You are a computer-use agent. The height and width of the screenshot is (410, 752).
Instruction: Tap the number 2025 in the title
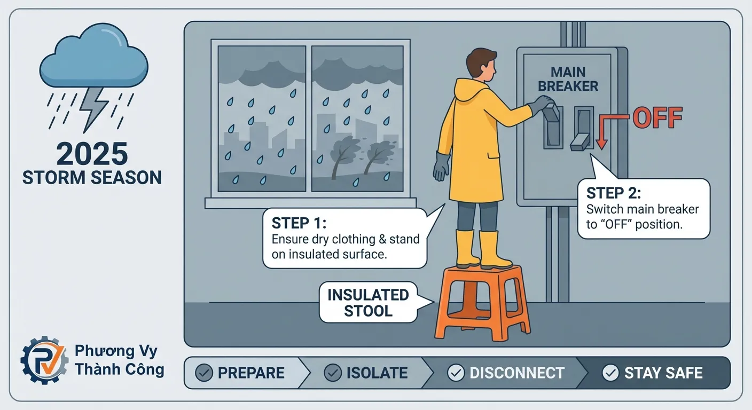(92, 154)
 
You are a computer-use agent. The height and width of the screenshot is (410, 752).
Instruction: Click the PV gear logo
(44, 360)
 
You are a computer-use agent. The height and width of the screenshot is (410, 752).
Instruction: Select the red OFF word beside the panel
(657, 118)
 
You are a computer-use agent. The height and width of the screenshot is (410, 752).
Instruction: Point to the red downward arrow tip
(601, 148)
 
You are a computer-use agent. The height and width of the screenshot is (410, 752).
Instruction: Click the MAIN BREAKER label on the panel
(568, 79)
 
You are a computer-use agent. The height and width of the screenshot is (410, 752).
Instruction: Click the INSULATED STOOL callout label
(368, 303)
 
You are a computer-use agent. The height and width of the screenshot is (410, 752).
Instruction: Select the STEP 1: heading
(299, 223)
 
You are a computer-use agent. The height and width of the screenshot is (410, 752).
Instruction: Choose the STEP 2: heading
(614, 193)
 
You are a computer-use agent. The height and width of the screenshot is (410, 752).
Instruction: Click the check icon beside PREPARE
(204, 373)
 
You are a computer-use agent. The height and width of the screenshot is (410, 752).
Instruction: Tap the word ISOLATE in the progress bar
(377, 373)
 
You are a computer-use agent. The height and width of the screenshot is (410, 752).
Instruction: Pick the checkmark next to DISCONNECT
(456, 373)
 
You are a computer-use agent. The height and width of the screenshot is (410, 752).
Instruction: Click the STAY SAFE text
(663, 373)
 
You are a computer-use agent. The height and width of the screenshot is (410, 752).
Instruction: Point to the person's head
(481, 66)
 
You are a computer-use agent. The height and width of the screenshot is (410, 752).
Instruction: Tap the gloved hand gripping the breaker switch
(541, 104)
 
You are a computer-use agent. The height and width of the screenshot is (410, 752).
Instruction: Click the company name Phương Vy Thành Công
(119, 360)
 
